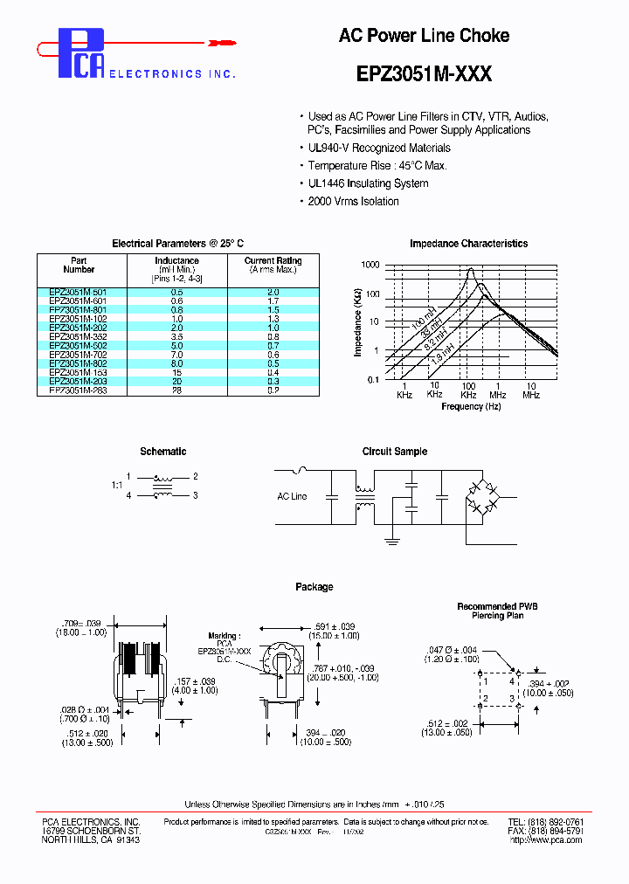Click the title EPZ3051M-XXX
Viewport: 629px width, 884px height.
(424, 75)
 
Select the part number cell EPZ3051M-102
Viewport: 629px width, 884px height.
(82, 320)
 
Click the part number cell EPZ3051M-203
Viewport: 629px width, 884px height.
(82, 381)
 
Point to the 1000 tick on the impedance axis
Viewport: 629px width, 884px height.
(370, 265)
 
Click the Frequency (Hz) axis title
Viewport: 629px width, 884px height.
(472, 407)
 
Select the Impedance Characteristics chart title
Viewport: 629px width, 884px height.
(468, 244)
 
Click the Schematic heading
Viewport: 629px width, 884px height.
(163, 452)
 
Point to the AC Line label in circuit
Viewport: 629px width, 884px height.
(292, 496)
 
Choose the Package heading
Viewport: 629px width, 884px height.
(314, 587)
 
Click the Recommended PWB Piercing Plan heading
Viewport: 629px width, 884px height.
(497, 611)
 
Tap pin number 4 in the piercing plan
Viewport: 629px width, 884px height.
(512, 679)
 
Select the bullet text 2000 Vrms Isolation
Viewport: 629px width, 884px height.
(353, 202)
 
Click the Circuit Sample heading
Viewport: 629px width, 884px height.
(395, 452)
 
